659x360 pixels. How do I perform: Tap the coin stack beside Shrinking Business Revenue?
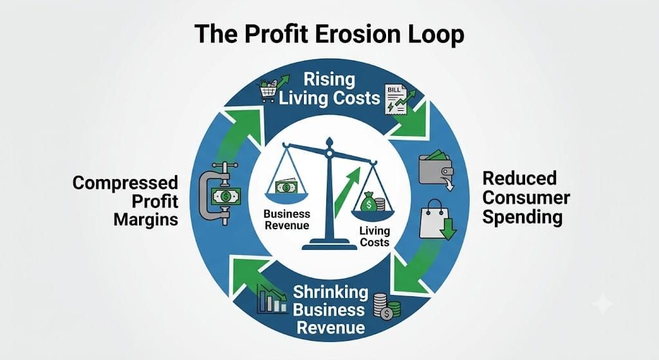386,306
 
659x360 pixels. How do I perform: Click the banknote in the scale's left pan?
286,186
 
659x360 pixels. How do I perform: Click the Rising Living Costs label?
329,89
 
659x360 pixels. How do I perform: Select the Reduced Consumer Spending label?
526,197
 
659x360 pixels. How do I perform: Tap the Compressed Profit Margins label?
125,201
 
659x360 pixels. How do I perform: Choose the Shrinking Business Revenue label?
330,310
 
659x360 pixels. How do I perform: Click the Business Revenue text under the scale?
286,220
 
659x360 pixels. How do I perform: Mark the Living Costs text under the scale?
375,236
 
